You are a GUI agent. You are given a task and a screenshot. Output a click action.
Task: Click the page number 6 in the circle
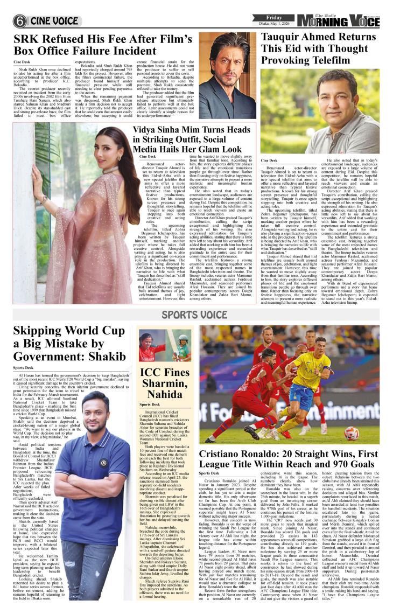20,21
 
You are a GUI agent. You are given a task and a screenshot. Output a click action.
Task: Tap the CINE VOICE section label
54,21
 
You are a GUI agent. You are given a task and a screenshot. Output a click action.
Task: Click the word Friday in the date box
273,17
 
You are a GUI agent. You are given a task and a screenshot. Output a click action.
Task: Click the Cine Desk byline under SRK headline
22,62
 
